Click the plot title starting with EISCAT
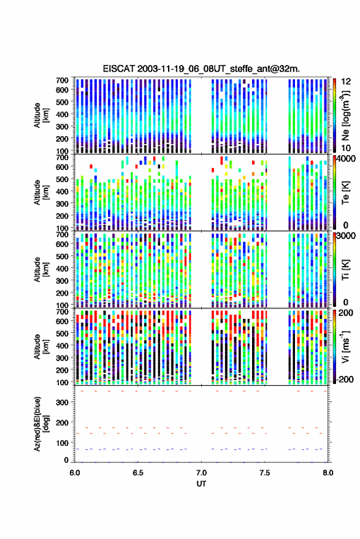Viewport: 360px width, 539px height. [201, 69]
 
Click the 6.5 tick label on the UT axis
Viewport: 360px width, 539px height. [138, 473]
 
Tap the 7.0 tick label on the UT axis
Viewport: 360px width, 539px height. [201, 473]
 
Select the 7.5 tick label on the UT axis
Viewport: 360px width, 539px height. [264, 473]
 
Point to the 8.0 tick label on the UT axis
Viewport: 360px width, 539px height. [327, 473]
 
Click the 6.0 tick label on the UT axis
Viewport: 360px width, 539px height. [75, 473]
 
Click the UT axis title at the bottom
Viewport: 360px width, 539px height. [201, 484]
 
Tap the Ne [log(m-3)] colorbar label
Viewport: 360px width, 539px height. [346, 115]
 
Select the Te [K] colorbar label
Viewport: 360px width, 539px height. [345, 193]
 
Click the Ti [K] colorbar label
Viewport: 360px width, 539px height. [345, 270]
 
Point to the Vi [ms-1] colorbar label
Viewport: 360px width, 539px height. [345, 347]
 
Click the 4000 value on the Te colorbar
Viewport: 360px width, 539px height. [346, 159]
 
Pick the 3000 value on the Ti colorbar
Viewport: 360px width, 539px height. [346, 236]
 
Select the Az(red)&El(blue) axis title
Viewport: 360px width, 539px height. [40, 424]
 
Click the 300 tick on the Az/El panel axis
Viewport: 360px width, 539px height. [62, 402]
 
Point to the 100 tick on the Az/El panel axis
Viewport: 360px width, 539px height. [62, 443]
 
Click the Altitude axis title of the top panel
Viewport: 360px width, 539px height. [40, 115]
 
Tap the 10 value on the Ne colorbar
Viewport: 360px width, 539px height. [346, 148]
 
